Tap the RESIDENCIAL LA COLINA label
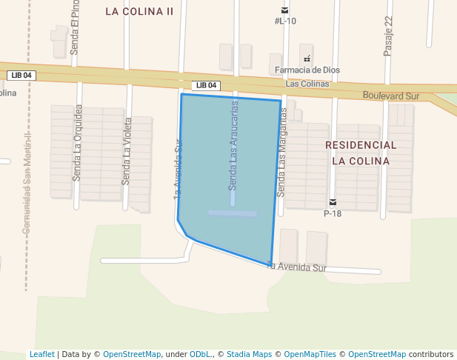point(361,152)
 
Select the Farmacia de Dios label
point(307,70)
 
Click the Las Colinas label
point(307,84)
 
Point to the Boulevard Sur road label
point(391,96)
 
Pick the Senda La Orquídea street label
point(77,143)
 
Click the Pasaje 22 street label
point(388,36)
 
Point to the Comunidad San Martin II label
point(26,184)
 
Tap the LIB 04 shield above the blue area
point(206,85)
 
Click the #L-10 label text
point(285,21)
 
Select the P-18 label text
point(333,213)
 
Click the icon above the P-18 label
point(333,202)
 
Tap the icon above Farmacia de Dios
point(307,59)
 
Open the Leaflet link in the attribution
point(41,354)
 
